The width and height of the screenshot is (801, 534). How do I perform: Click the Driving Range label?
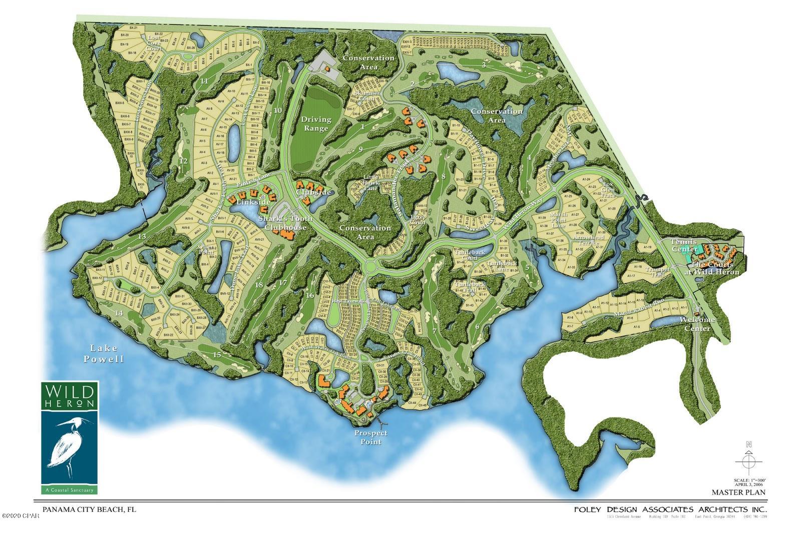(316, 123)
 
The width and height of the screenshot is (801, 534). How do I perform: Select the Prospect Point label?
(370, 437)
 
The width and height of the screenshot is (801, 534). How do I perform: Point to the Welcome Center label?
(697, 324)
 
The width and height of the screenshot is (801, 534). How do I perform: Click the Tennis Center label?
(684, 245)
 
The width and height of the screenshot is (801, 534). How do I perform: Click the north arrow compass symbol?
(748, 460)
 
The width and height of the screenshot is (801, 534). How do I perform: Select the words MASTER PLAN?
(742, 492)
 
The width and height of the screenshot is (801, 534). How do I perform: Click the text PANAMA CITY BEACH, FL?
(89, 509)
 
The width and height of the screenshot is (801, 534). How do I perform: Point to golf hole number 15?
(216, 355)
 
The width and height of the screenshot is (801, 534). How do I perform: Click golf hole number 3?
(484, 65)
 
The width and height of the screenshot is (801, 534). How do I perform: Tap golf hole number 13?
(142, 236)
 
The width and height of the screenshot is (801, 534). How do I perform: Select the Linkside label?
(255, 202)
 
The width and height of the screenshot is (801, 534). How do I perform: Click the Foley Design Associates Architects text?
(669, 509)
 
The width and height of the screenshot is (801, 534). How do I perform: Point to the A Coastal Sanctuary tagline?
(70, 489)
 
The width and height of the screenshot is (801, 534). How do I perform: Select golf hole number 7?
(435, 331)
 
